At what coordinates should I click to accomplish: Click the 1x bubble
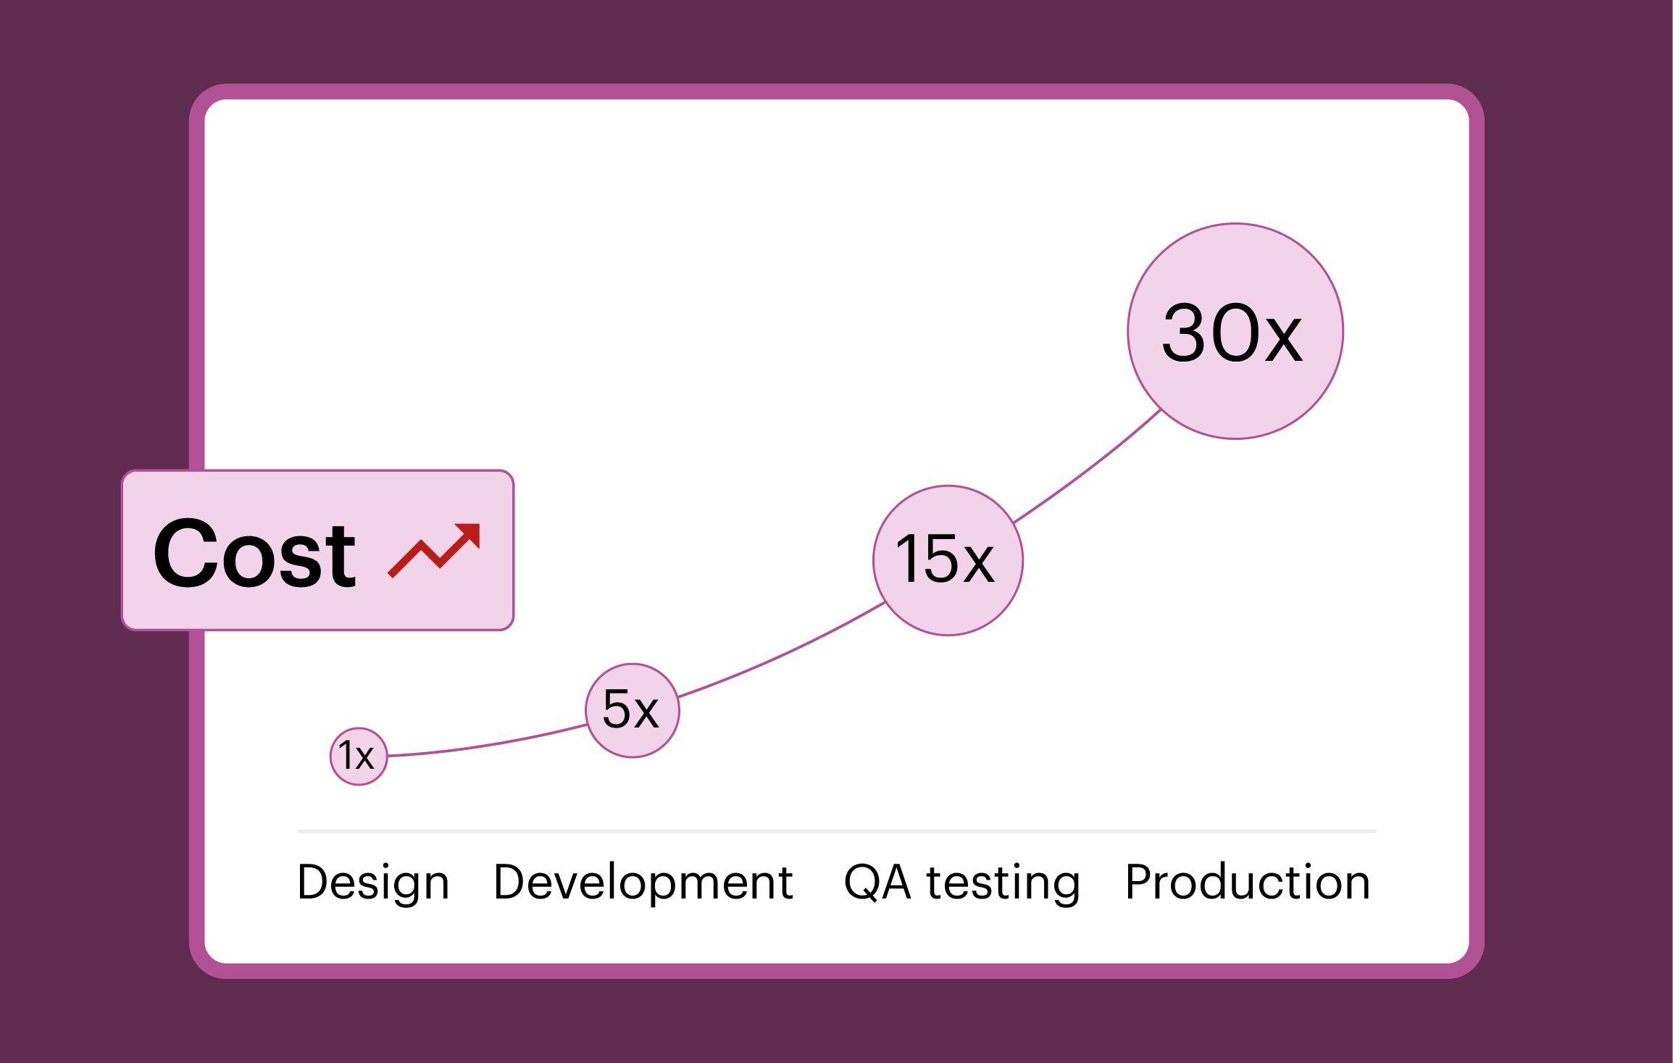coord(359,756)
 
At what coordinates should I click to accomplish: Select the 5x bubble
coord(632,710)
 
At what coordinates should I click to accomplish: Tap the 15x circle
coord(947,560)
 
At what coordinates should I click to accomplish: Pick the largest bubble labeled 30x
coord(1235,331)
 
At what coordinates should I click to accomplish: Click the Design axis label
coord(373,883)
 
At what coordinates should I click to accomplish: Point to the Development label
coord(643,883)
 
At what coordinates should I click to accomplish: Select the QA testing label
coord(961,883)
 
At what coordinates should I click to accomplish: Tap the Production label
coord(1247,883)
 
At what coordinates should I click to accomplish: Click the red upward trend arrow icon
coord(435,550)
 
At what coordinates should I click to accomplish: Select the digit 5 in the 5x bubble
coord(617,709)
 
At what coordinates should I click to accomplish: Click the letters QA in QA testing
coord(877,883)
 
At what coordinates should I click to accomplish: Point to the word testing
coord(1003,883)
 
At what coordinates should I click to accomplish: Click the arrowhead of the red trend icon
coord(470,533)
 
